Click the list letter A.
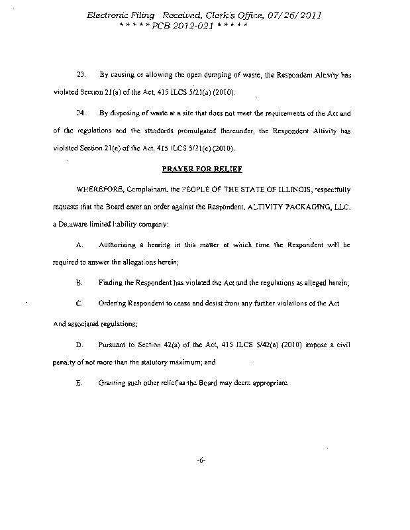[x=79, y=244]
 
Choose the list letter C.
[x=79, y=303]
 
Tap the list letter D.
[x=79, y=344]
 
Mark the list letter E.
[x=79, y=384]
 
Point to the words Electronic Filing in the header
[x=116, y=15]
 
